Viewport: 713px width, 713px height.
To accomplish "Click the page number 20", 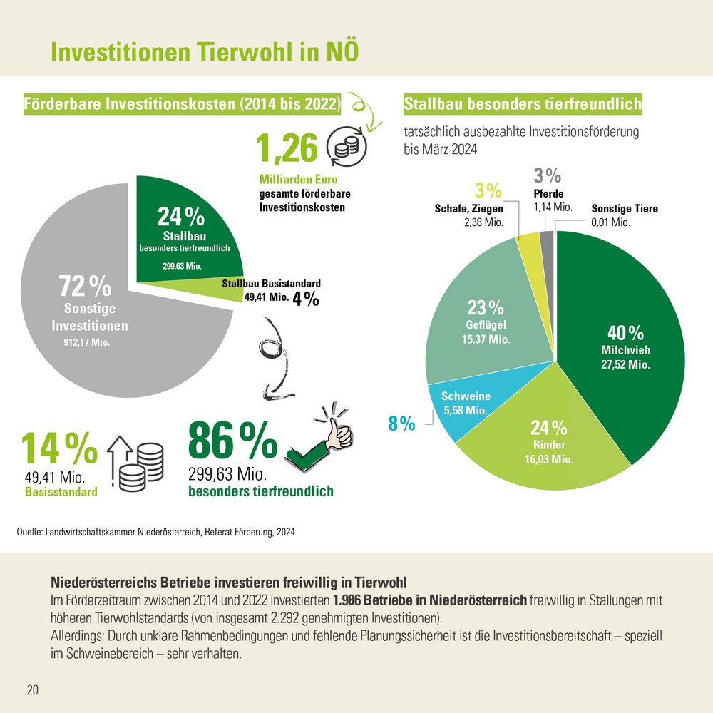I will pos(32,689).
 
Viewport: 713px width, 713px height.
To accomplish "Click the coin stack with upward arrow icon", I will pos(135,463).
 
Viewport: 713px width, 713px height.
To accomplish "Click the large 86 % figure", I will pos(232,442).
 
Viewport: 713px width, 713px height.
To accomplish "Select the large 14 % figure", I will pos(58,448).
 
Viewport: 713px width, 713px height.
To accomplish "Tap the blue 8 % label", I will pos(401,424).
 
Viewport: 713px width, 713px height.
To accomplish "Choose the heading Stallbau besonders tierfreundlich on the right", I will pos(523,105).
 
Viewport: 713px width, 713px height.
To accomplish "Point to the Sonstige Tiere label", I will pos(625,209).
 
